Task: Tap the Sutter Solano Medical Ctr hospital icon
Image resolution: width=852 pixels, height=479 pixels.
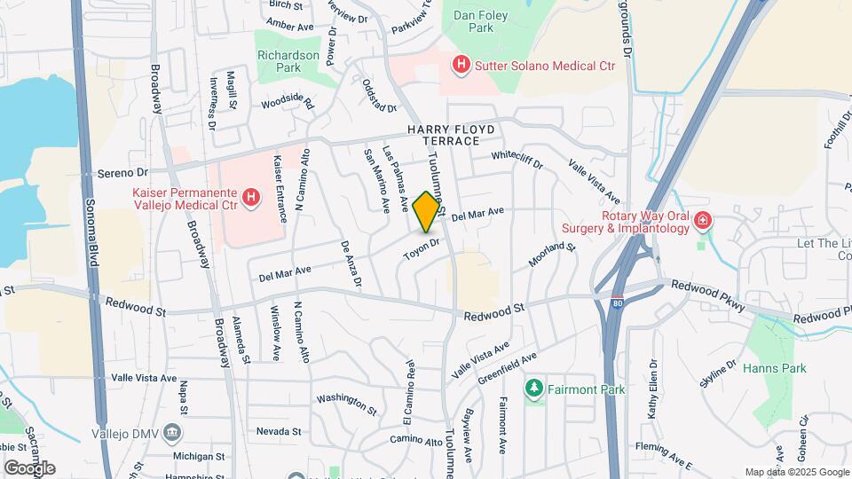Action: click(461, 65)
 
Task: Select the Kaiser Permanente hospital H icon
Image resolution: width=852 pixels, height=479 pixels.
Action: click(251, 197)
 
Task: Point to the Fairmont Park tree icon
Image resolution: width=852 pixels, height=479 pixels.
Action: click(533, 389)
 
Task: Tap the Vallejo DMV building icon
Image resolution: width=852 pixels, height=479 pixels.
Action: click(173, 434)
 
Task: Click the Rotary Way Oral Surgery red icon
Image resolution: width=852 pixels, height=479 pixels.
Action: click(703, 218)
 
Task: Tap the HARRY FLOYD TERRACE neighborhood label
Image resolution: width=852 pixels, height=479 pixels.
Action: click(450, 135)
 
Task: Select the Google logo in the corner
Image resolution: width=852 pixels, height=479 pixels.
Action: click(28, 467)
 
